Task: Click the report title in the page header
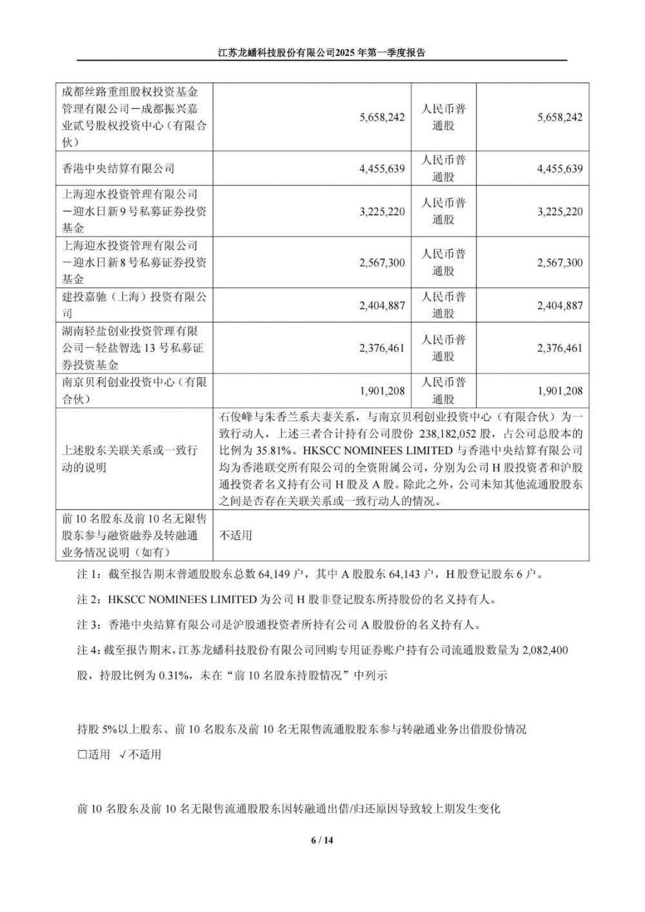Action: (x=322, y=54)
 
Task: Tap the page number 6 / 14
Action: (x=322, y=840)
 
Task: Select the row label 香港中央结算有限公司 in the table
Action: (x=118, y=168)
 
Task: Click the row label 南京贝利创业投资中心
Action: (x=134, y=390)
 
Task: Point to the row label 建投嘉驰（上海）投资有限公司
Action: (x=134, y=305)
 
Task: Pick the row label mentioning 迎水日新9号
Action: (x=134, y=211)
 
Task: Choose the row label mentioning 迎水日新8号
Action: (x=134, y=263)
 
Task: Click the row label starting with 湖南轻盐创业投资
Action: (x=134, y=348)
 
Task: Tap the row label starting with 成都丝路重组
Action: (x=134, y=117)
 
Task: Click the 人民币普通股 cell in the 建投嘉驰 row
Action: (x=443, y=305)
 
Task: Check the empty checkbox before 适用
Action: (x=81, y=755)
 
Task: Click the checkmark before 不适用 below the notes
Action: (x=123, y=755)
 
